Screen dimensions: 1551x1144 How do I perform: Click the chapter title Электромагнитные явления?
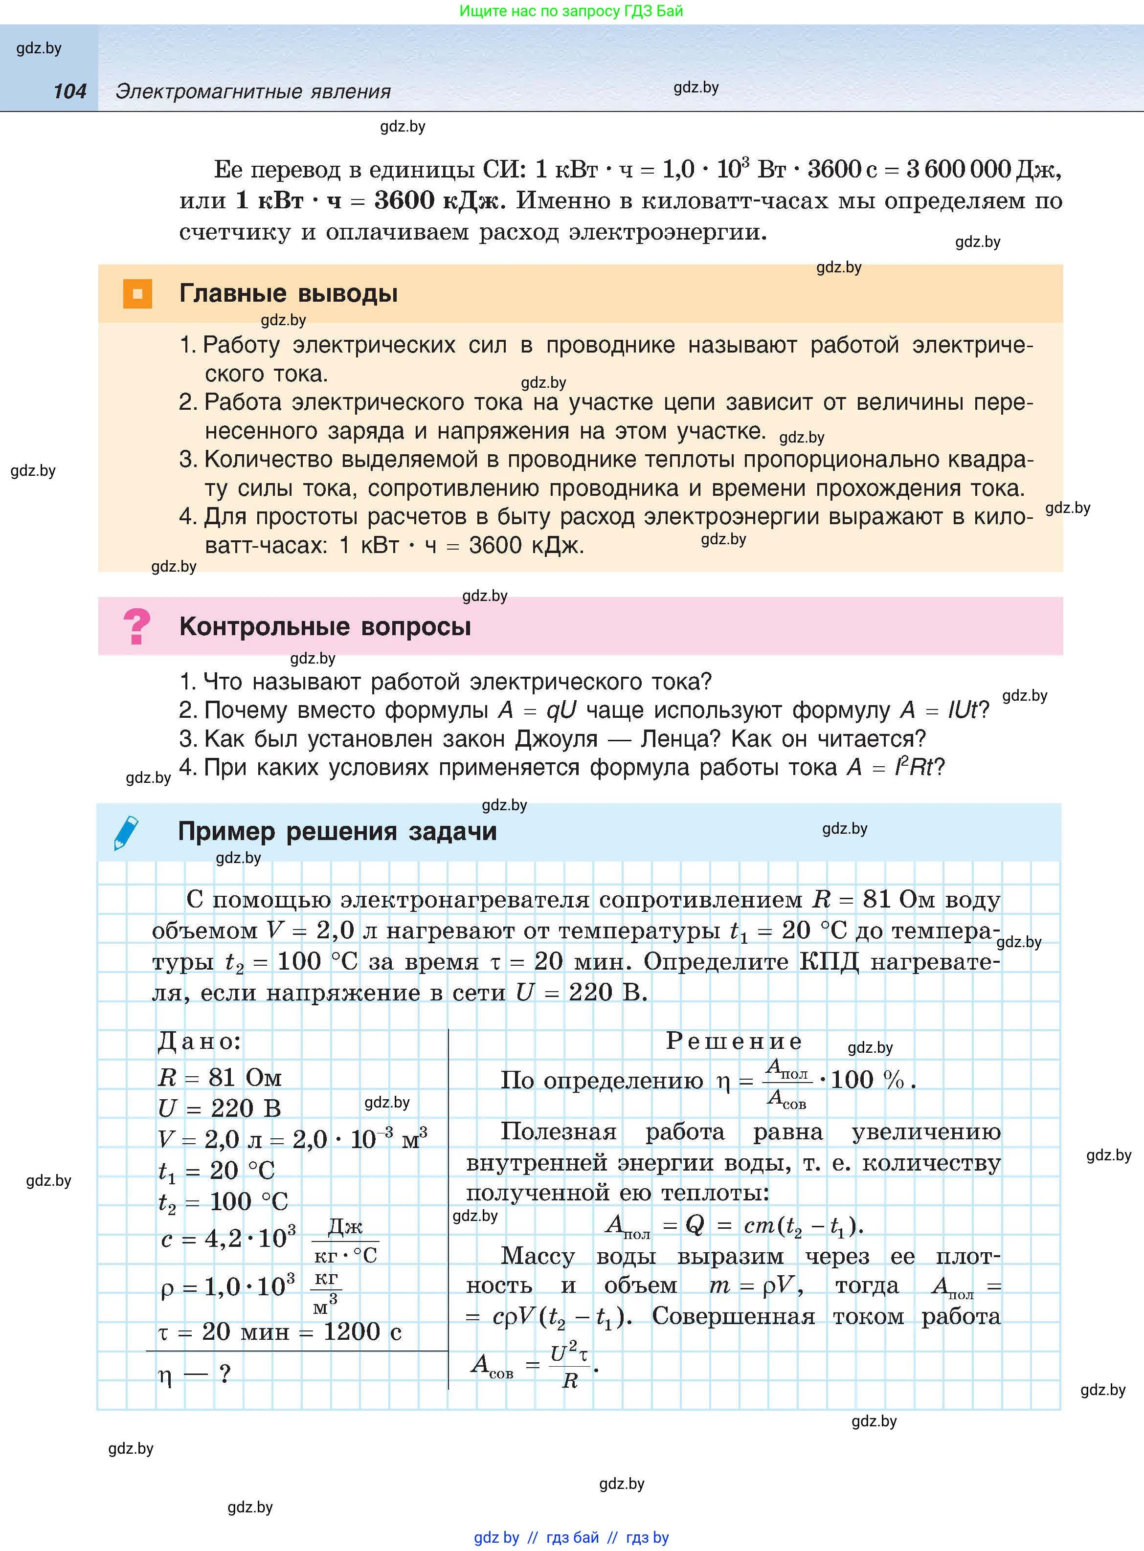253,91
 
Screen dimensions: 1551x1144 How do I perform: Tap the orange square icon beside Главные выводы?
137,293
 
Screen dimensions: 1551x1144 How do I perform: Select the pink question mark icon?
136,626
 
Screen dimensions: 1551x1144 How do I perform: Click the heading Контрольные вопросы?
325,626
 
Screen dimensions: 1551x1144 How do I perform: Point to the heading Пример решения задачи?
337,831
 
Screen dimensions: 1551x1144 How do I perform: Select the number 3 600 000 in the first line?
959,169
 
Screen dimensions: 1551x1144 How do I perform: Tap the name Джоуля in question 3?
556,739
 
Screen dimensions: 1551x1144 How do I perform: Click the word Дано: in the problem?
200,1041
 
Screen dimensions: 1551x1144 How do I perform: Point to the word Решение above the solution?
734,1041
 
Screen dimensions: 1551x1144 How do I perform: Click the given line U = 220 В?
220,1108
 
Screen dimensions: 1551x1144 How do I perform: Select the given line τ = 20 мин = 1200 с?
280,1331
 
